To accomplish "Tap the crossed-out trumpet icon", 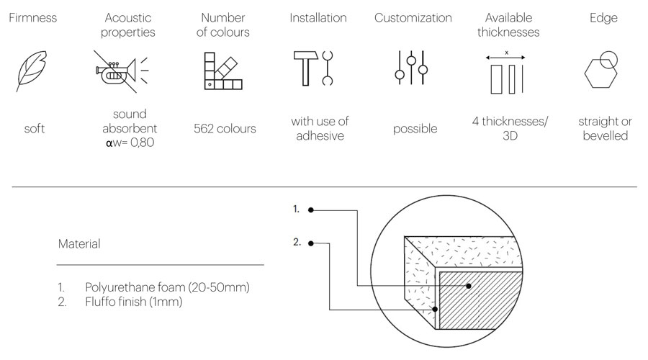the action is (121, 71).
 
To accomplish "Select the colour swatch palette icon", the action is (223, 71).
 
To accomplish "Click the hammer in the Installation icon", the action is (305, 68).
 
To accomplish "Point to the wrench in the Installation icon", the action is (328, 68).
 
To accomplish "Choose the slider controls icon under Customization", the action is (411, 68).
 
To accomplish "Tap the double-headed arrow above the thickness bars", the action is (505, 58).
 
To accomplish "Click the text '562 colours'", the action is (225, 129).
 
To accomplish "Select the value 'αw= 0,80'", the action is (130, 143).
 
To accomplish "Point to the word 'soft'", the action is (35, 129).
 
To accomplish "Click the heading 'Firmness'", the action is (32, 18).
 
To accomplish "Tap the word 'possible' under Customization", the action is (415, 129).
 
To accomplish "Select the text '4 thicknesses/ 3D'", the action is (510, 128).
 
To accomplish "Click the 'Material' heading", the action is (79, 243).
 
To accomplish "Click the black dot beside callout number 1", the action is (311, 210).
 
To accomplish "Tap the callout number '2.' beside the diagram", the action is (297, 242).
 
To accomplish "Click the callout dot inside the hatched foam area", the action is (469, 286).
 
